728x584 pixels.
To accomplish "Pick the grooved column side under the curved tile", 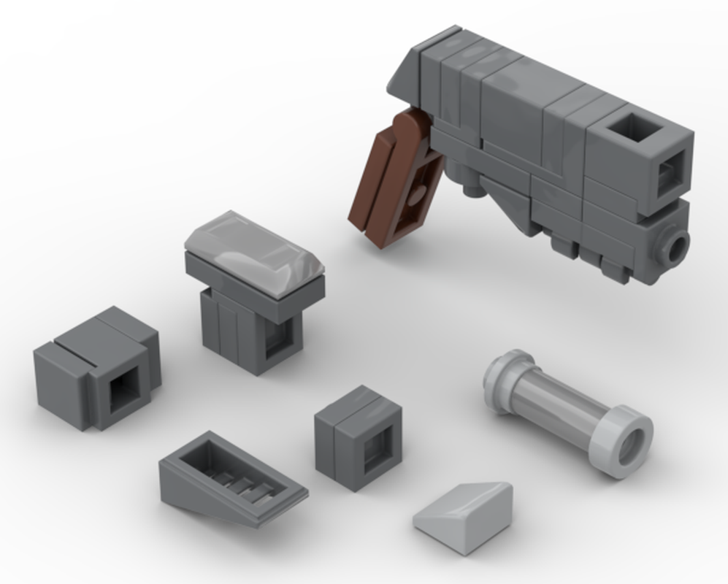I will pos(226,328).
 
